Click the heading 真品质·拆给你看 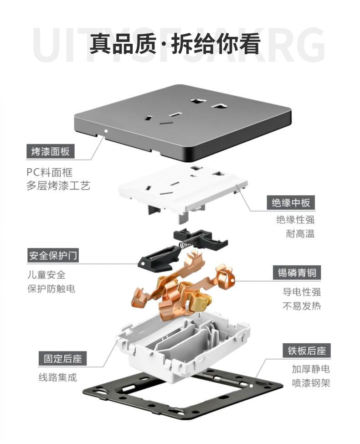175,44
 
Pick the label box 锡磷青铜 297,273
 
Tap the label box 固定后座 62,359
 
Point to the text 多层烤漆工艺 58,186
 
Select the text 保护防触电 51,289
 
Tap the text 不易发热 302,306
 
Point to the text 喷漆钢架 311,383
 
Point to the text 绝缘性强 295,220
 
